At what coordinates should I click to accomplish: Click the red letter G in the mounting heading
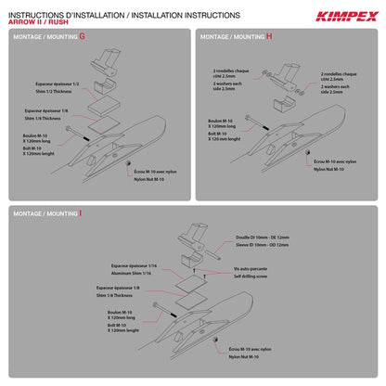click(83, 35)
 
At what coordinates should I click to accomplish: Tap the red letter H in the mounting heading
click(270, 35)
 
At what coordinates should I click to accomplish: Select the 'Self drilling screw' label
click(251, 277)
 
